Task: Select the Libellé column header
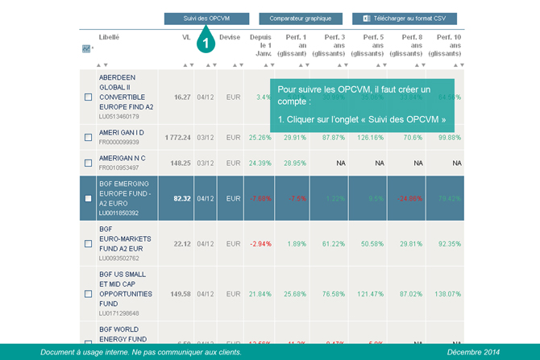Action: tap(110, 37)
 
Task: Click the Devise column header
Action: tap(230, 37)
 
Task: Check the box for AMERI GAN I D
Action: tap(88, 138)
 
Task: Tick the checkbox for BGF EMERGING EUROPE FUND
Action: tap(88, 198)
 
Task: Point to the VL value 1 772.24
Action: tap(178, 138)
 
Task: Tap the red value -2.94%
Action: tap(260, 244)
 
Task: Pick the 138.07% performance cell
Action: tap(447, 294)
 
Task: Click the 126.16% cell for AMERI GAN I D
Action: tap(371, 138)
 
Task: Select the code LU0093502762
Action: tap(119, 259)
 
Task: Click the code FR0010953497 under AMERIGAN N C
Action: tap(119, 168)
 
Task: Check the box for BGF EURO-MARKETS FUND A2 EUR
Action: tap(88, 244)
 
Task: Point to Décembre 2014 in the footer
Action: tap(475, 352)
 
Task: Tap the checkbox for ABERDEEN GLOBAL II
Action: tap(88, 97)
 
